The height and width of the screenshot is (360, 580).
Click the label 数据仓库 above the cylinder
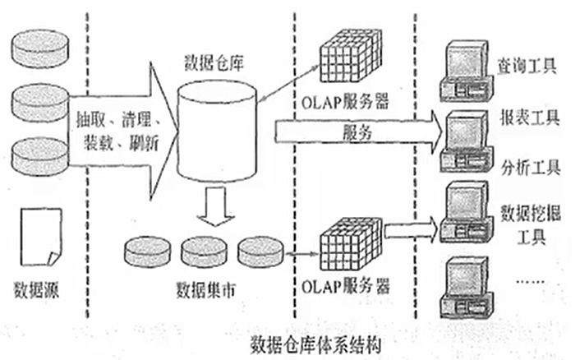click(214, 63)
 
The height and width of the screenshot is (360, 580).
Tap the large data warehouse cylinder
click(217, 132)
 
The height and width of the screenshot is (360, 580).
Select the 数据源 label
click(36, 289)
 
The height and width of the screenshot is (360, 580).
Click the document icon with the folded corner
click(41, 237)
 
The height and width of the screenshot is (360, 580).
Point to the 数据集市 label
click(205, 289)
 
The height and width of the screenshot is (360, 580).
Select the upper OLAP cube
click(350, 55)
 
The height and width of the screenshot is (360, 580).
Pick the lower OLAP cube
click(350, 245)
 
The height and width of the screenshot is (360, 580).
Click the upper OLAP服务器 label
click(345, 102)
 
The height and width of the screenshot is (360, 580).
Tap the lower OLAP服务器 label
click(345, 286)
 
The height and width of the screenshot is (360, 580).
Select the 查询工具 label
click(527, 67)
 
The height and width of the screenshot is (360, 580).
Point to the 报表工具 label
click(530, 118)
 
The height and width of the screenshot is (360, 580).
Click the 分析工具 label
click(531, 168)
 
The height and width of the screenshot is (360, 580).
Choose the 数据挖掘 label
click(531, 213)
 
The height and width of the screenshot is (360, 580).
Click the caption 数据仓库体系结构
click(315, 346)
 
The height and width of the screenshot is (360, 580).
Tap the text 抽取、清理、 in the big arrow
click(118, 119)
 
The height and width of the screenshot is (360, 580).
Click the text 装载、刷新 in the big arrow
click(122, 143)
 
